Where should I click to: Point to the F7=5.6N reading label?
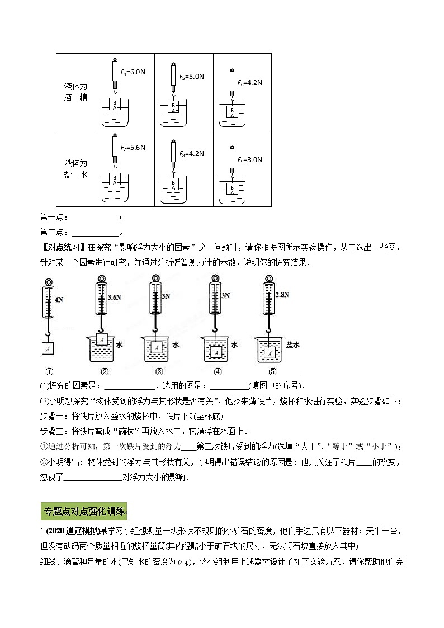(x=133, y=148)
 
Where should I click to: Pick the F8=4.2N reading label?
(x=191, y=153)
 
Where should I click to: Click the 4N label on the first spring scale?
(x=59, y=299)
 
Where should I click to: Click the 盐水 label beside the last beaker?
(x=293, y=345)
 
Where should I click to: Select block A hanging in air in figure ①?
(x=48, y=348)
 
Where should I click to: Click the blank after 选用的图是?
(x=229, y=386)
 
